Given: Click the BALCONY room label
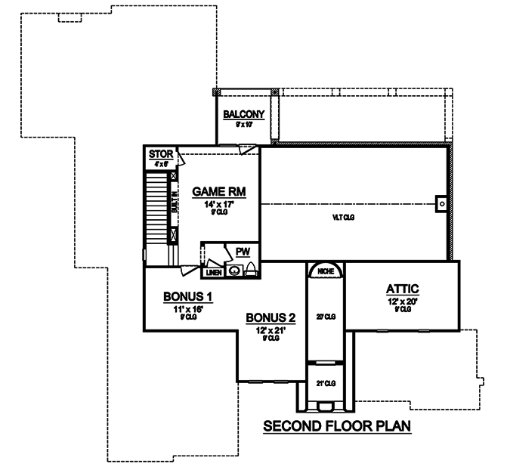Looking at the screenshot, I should pyautogui.click(x=243, y=114).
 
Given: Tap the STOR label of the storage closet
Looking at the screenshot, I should pyautogui.click(x=160, y=154).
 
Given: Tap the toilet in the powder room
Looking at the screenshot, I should pyautogui.click(x=251, y=268).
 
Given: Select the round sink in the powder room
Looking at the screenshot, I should pyautogui.click(x=234, y=269).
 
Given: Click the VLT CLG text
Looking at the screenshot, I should pyautogui.click(x=344, y=218).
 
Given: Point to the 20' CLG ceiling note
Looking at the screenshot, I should pyautogui.click(x=325, y=316).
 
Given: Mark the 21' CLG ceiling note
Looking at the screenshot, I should pyautogui.click(x=325, y=384).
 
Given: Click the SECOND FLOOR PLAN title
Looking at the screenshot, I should pyautogui.click(x=336, y=427).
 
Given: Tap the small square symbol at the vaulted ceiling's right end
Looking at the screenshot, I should pyautogui.click(x=441, y=203).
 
